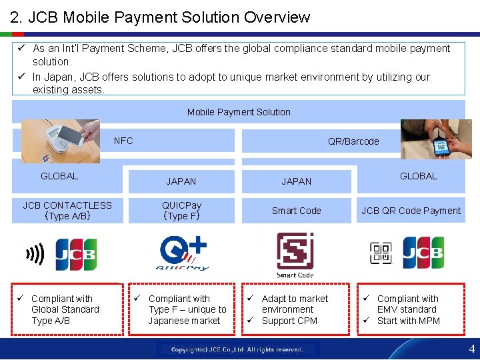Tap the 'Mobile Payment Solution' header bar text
(x=239, y=112)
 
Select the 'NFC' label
(x=123, y=141)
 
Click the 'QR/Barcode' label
(x=353, y=141)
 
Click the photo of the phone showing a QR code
(x=436, y=139)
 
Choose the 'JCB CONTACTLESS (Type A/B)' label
(x=67, y=211)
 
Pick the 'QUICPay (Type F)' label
(x=181, y=211)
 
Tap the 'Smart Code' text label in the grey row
(x=296, y=211)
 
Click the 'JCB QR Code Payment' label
(x=411, y=211)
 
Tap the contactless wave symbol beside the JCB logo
(x=35, y=254)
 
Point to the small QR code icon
(x=381, y=253)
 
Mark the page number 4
(x=471, y=349)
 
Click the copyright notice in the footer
(x=237, y=349)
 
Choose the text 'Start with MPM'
(x=408, y=321)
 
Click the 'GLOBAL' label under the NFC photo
(x=59, y=176)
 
